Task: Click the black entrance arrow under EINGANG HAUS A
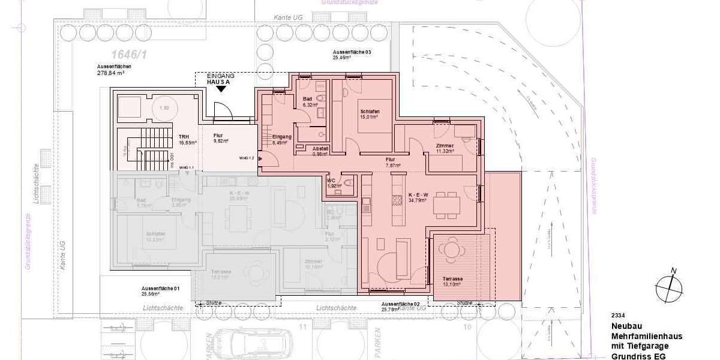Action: (x=222, y=89)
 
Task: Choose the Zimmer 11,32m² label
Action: (x=445, y=149)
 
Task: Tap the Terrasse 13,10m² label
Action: (x=452, y=283)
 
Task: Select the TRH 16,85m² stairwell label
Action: (x=184, y=140)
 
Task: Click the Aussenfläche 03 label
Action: (x=352, y=55)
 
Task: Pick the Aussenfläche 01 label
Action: (x=152, y=291)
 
